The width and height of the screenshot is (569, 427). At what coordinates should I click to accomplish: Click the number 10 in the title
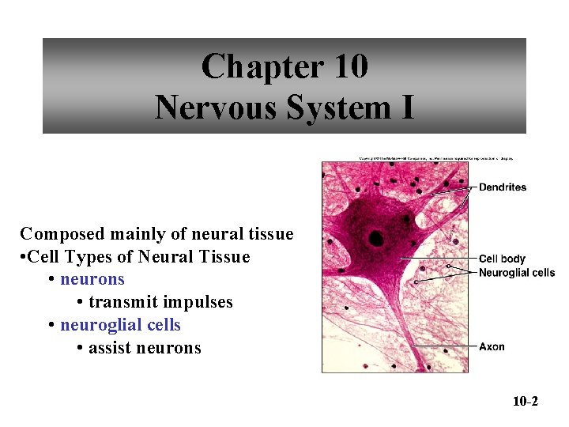coord(351,66)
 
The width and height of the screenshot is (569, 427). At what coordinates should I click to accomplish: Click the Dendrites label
coord(503,187)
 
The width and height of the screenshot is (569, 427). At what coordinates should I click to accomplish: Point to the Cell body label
coord(502,259)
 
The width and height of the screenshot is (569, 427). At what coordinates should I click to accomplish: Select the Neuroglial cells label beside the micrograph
coord(517,273)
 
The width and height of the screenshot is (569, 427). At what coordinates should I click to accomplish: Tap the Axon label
coord(492,347)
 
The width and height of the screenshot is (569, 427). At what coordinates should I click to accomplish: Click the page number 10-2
coord(525,402)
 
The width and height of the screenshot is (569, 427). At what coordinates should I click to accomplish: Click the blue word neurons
coord(92,280)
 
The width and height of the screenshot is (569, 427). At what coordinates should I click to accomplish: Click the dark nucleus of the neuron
coord(375,238)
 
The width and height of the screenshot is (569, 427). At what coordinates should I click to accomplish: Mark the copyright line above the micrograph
coord(436,158)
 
